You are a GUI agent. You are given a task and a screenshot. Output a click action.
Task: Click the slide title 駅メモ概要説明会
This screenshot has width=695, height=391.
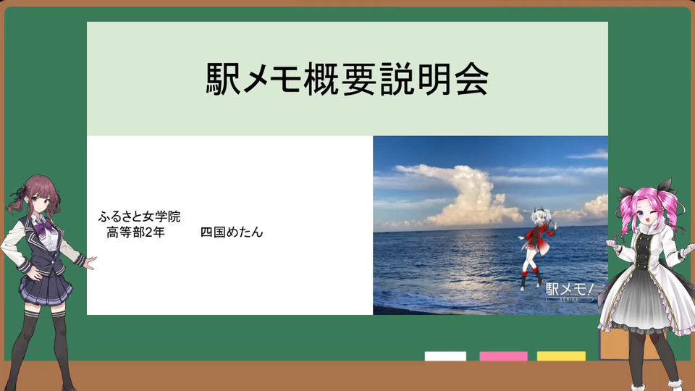click(347, 79)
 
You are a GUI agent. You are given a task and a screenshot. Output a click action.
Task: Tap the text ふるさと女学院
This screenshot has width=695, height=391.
click(139, 216)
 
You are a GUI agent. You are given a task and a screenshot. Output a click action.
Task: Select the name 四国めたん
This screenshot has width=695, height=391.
click(232, 232)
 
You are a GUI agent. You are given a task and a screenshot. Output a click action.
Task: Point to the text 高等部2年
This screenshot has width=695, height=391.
click(135, 232)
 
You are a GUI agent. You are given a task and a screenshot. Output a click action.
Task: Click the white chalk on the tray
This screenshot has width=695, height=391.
click(445, 356)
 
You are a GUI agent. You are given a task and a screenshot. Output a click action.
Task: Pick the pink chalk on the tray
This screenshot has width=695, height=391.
click(504, 356)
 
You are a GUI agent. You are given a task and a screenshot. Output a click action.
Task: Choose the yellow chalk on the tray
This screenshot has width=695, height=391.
click(561, 356)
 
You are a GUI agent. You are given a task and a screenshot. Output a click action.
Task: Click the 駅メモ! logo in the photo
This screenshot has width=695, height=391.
click(570, 292)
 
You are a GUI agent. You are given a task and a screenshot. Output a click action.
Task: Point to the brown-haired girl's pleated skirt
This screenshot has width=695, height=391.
click(46, 287)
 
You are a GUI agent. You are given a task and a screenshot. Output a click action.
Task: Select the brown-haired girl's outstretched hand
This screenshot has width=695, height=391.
click(90, 262)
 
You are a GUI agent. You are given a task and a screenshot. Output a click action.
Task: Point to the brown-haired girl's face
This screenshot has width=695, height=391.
click(40, 201)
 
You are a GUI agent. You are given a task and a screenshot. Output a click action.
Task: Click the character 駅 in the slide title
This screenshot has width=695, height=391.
click(223, 79)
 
